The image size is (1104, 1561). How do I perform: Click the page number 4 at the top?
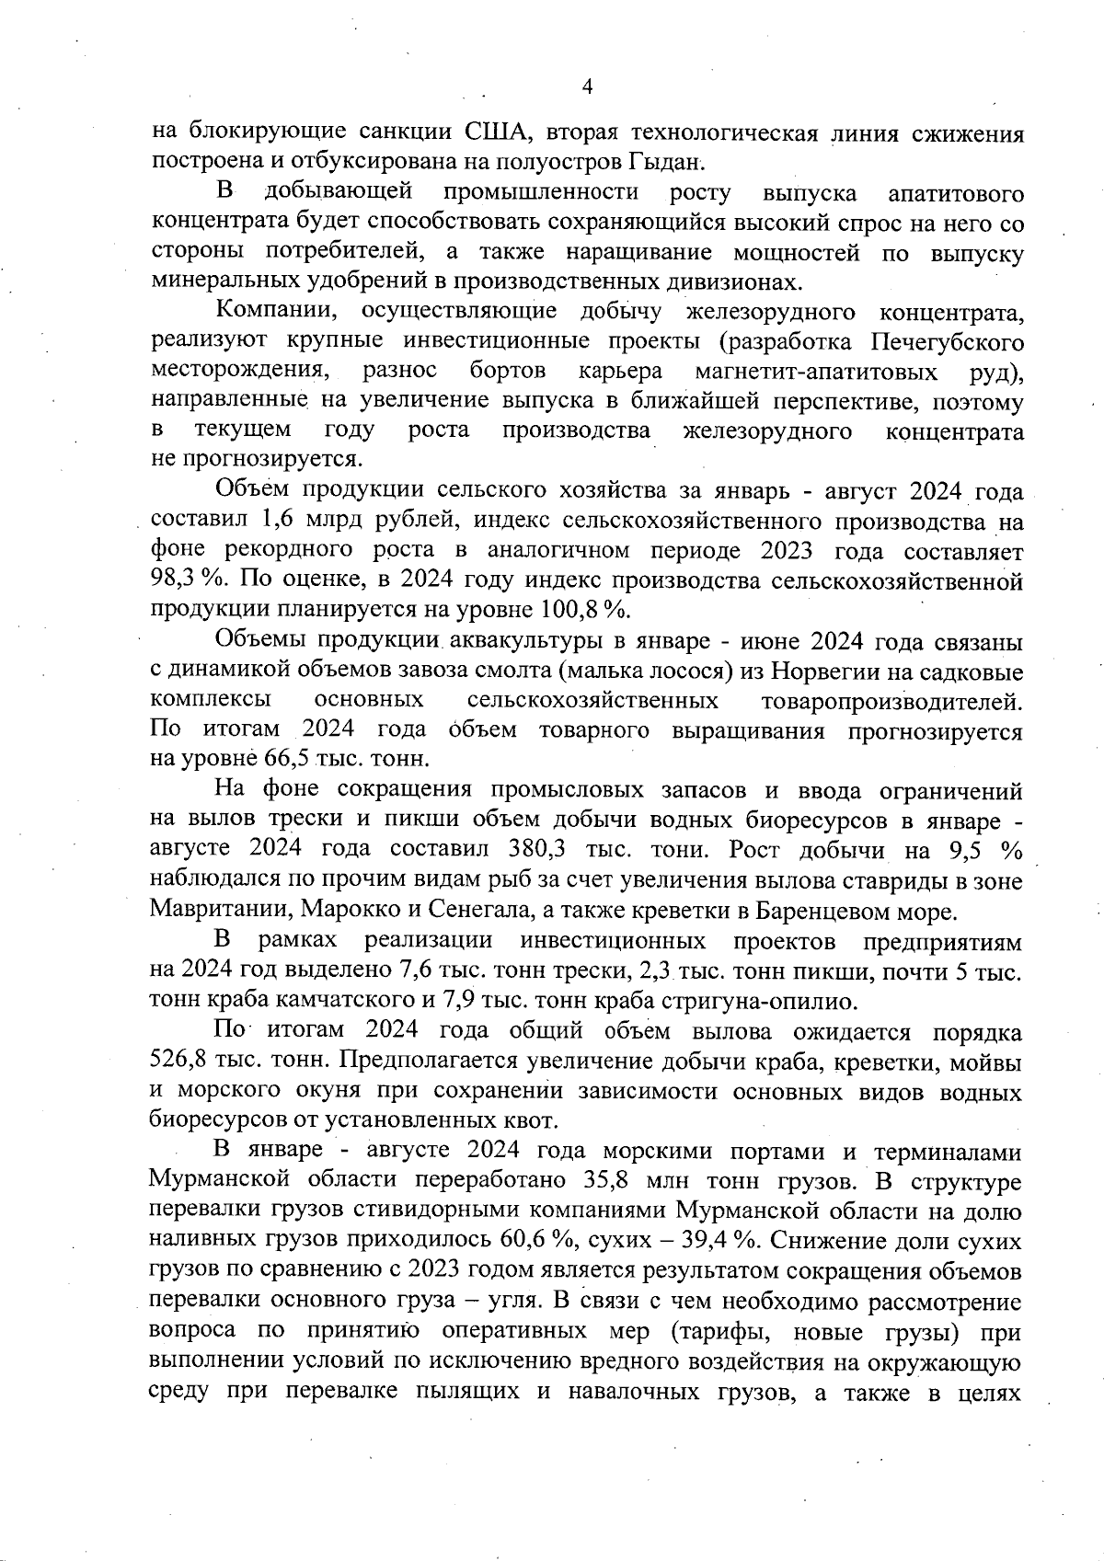click(588, 86)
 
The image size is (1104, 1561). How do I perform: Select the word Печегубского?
click(948, 342)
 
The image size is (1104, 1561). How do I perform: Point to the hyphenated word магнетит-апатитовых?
click(816, 372)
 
